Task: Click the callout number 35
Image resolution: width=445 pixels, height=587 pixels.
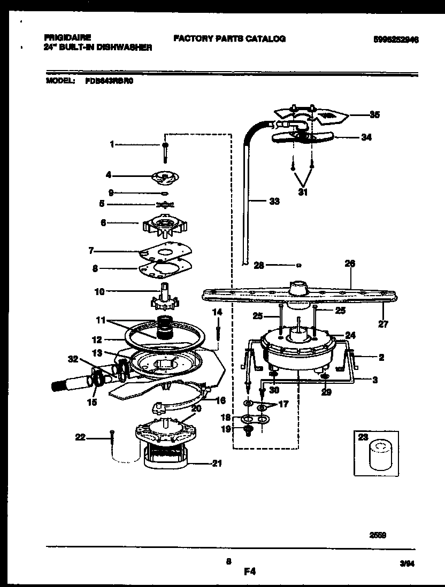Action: pyautogui.click(x=375, y=114)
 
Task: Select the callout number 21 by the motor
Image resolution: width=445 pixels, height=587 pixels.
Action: pyautogui.click(x=217, y=464)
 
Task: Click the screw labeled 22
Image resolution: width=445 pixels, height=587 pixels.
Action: pyautogui.click(x=111, y=437)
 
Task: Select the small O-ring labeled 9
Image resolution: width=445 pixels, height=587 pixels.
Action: pyautogui.click(x=165, y=192)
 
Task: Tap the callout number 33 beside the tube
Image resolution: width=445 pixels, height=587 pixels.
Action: pyautogui.click(x=274, y=202)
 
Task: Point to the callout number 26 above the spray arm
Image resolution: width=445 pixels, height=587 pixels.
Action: pyautogui.click(x=350, y=264)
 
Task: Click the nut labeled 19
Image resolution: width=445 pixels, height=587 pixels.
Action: pyautogui.click(x=248, y=430)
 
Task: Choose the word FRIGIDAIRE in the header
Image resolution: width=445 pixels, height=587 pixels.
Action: pyautogui.click(x=67, y=38)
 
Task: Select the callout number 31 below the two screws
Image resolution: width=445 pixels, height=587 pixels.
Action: pyautogui.click(x=302, y=193)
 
